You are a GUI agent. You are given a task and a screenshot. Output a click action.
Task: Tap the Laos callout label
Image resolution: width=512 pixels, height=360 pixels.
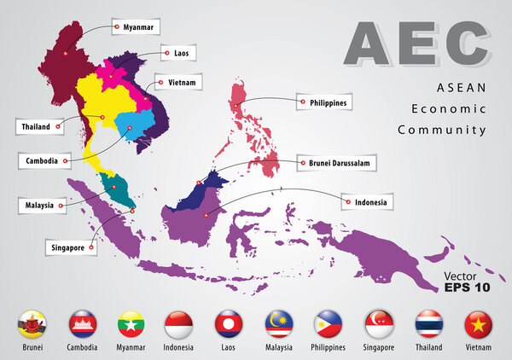(x=180, y=53)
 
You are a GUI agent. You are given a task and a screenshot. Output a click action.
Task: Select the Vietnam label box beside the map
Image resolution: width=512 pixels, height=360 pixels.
(x=180, y=83)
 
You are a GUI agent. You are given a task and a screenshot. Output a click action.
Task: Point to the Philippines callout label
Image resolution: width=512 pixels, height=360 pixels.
(x=323, y=102)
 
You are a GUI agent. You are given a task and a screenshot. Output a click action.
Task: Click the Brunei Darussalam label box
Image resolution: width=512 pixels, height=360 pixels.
(x=336, y=161)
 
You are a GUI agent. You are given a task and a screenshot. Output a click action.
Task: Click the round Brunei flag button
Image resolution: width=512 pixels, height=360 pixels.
(x=32, y=324)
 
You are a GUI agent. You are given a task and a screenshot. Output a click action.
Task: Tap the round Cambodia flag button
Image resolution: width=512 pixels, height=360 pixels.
(x=81, y=324)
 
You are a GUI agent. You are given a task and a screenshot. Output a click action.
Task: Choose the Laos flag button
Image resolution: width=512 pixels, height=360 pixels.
(x=230, y=324)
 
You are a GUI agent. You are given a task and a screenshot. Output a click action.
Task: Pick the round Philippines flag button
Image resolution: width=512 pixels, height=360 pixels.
(x=329, y=324)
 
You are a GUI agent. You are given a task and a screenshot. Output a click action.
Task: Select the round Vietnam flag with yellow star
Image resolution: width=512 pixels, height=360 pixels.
(x=479, y=324)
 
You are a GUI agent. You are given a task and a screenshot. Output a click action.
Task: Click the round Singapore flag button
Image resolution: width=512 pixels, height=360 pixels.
(x=379, y=324)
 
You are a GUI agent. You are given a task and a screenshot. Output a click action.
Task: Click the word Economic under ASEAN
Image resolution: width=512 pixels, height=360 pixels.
(x=448, y=109)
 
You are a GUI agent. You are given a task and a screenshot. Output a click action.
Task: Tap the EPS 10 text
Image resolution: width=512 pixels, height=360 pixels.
(x=467, y=287)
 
